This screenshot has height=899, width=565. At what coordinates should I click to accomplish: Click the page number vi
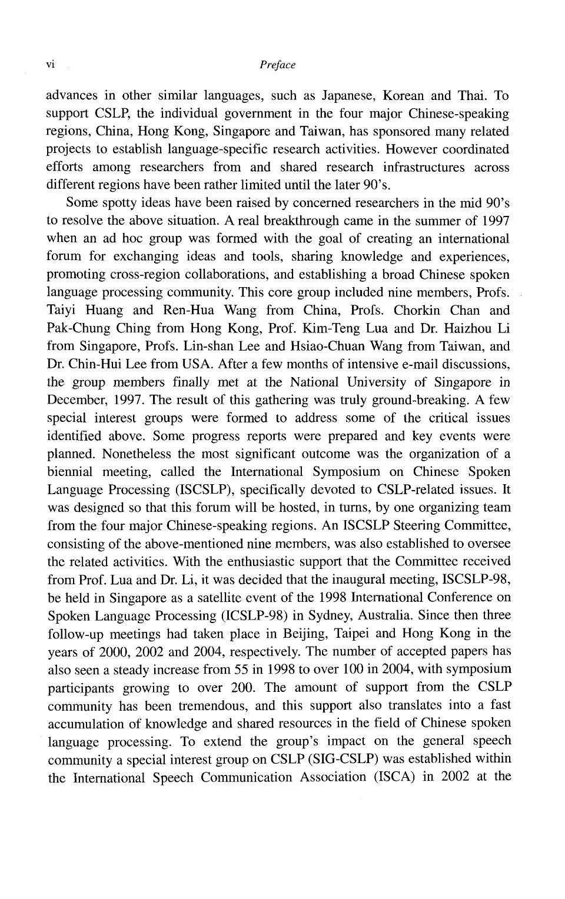pyautogui.click(x=50, y=65)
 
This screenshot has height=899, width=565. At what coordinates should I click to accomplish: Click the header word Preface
pyautogui.click(x=277, y=65)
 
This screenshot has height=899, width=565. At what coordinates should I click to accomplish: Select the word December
pyautogui.click(x=75, y=400)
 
